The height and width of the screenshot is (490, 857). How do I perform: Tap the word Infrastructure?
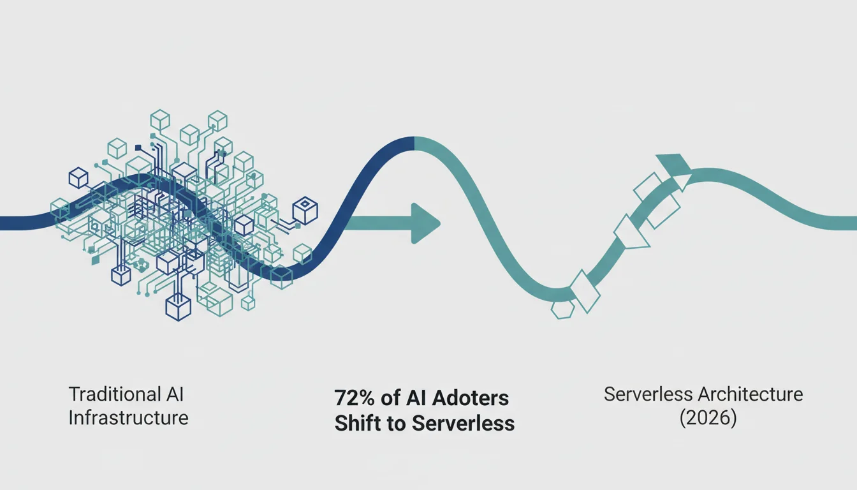[129, 418]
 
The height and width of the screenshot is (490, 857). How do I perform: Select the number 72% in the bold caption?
[355, 398]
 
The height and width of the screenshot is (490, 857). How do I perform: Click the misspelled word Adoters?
[471, 398]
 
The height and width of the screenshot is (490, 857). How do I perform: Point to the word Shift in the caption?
[356, 423]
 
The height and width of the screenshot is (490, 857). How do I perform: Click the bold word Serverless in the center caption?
[463, 423]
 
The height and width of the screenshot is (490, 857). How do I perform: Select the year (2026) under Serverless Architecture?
[708, 418]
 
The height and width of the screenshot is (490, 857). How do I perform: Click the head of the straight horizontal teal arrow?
[425, 223]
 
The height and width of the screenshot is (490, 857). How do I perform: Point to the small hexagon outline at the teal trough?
[563, 309]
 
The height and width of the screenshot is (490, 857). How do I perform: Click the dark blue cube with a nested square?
[305, 210]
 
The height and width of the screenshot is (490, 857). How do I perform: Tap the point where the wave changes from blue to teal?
[414, 143]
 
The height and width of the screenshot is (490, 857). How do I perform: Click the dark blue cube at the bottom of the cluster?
[179, 308]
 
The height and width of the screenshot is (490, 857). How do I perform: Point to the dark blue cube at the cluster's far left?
[78, 177]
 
